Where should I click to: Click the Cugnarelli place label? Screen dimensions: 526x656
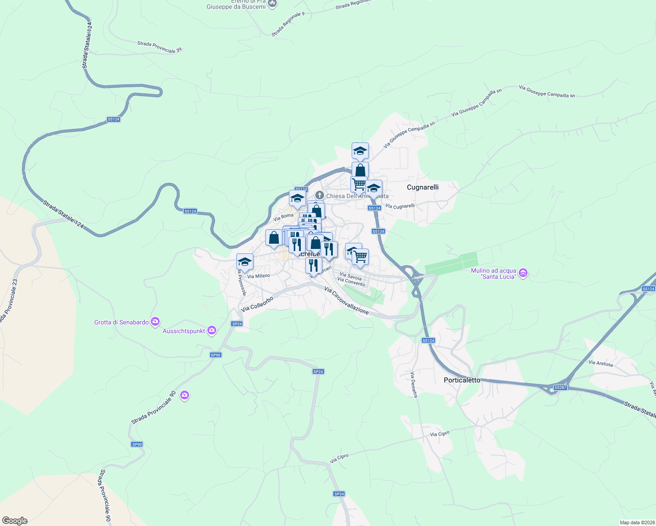tap(423, 187)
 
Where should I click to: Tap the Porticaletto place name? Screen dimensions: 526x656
tap(462, 380)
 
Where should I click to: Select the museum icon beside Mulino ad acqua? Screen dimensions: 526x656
tap(523, 273)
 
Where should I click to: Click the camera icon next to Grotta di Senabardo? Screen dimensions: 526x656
tap(155, 322)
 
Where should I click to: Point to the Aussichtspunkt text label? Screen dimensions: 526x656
tap(184, 331)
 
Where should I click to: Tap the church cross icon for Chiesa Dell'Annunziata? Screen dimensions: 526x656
tap(320, 195)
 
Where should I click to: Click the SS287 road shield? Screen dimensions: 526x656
tap(560, 387)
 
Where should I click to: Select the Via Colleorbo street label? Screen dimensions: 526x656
tap(257, 304)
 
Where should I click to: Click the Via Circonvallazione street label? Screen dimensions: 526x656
tap(346, 300)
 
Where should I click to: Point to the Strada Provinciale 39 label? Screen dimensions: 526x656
tap(159, 47)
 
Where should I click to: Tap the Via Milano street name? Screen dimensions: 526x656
tap(259, 276)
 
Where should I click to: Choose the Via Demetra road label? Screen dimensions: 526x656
tap(414, 384)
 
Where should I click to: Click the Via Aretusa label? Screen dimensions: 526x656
tap(600, 363)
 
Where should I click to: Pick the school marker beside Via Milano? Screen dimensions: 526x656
tap(245, 262)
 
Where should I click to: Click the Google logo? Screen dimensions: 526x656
tap(14, 521)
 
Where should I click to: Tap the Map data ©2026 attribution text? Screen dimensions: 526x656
tap(636, 522)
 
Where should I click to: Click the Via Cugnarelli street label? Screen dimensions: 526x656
tap(400, 206)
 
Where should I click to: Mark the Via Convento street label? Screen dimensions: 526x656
tap(351, 282)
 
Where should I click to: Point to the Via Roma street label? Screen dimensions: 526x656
tap(283, 216)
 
